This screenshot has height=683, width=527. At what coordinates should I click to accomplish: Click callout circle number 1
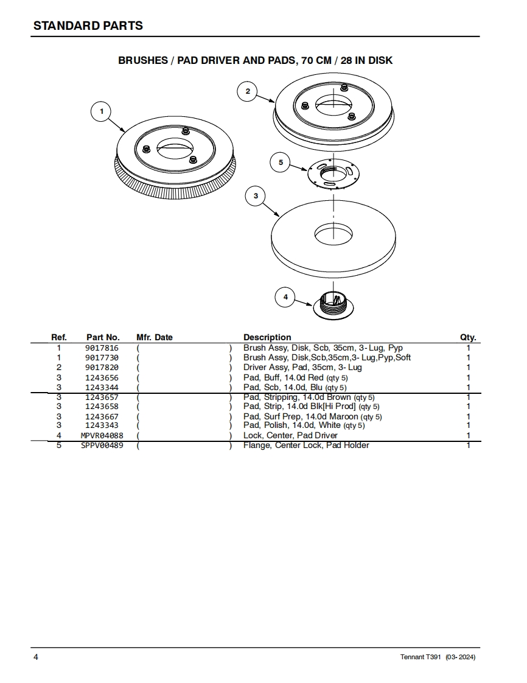click(102, 111)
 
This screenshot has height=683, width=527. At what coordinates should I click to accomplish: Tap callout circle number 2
click(247, 91)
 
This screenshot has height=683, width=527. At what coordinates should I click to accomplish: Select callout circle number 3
click(256, 196)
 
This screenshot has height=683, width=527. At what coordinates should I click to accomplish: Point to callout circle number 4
click(285, 297)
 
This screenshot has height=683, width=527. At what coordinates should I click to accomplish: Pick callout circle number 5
click(281, 163)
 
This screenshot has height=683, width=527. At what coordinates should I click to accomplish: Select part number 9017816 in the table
click(102, 348)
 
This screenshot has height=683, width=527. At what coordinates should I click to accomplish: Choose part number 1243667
click(102, 416)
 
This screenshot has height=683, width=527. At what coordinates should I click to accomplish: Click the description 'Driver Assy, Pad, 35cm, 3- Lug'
click(302, 368)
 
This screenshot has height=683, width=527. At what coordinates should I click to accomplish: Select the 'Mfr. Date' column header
click(155, 337)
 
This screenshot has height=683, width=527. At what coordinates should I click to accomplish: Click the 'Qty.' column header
click(468, 337)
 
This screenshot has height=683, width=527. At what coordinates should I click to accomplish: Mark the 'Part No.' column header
click(103, 337)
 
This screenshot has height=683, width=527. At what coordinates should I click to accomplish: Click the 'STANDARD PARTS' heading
click(88, 26)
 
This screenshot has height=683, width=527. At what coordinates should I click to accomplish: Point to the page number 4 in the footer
click(36, 657)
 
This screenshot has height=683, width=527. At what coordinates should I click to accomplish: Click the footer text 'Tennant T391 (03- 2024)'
click(438, 657)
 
